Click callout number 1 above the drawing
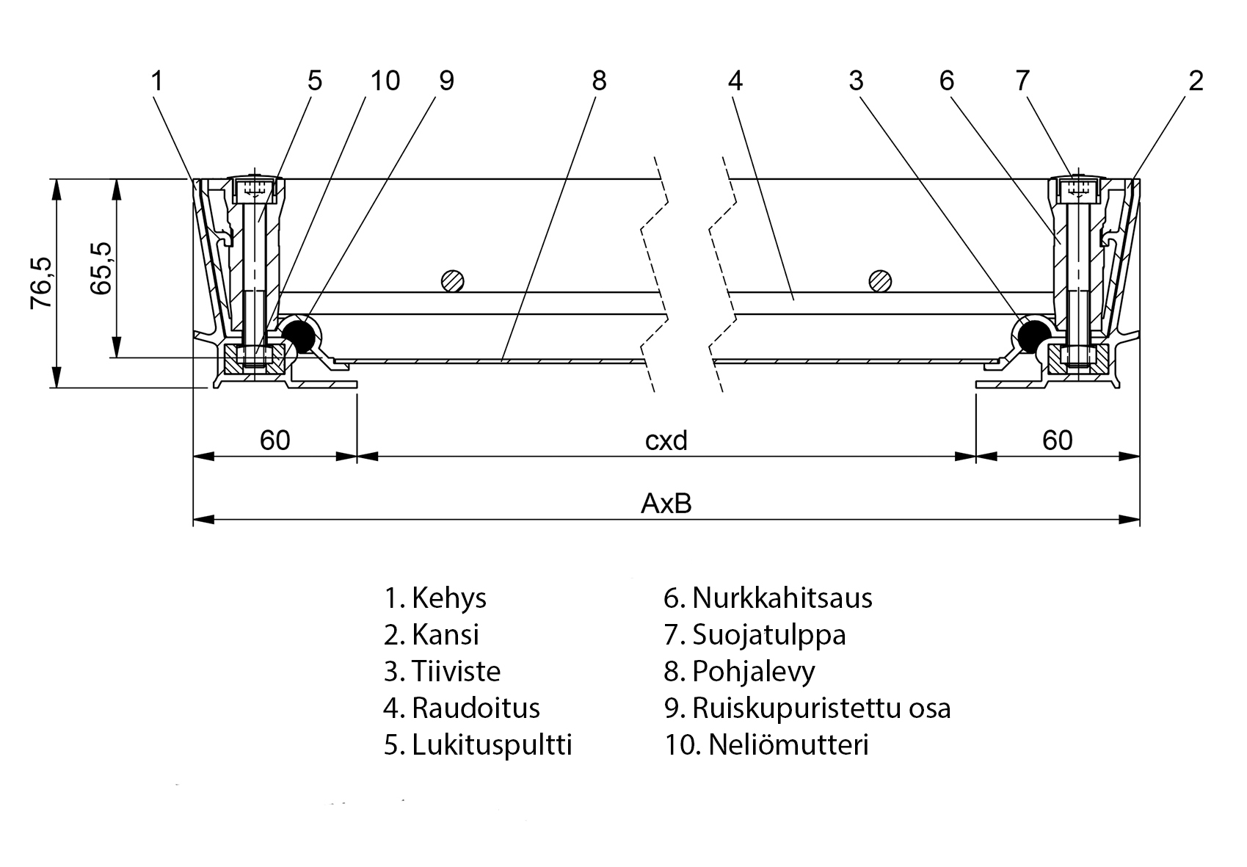tap(156, 81)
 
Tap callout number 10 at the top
tap(384, 81)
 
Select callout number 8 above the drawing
tap(599, 81)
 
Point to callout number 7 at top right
tap(1022, 81)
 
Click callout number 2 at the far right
tap(1196, 81)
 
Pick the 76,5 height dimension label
tap(41, 283)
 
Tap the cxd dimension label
tap(666, 440)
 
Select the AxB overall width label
tap(666, 504)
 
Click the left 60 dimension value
tap(275, 440)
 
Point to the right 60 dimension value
tap(1057, 440)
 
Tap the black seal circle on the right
tap(1033, 336)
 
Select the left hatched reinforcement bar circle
tap(452, 280)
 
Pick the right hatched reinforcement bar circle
tap(879, 280)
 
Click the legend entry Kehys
tap(435, 598)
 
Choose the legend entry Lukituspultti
tap(478, 745)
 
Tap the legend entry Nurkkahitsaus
tap(768, 598)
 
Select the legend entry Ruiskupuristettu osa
tap(807, 708)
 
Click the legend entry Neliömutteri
tap(766, 745)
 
